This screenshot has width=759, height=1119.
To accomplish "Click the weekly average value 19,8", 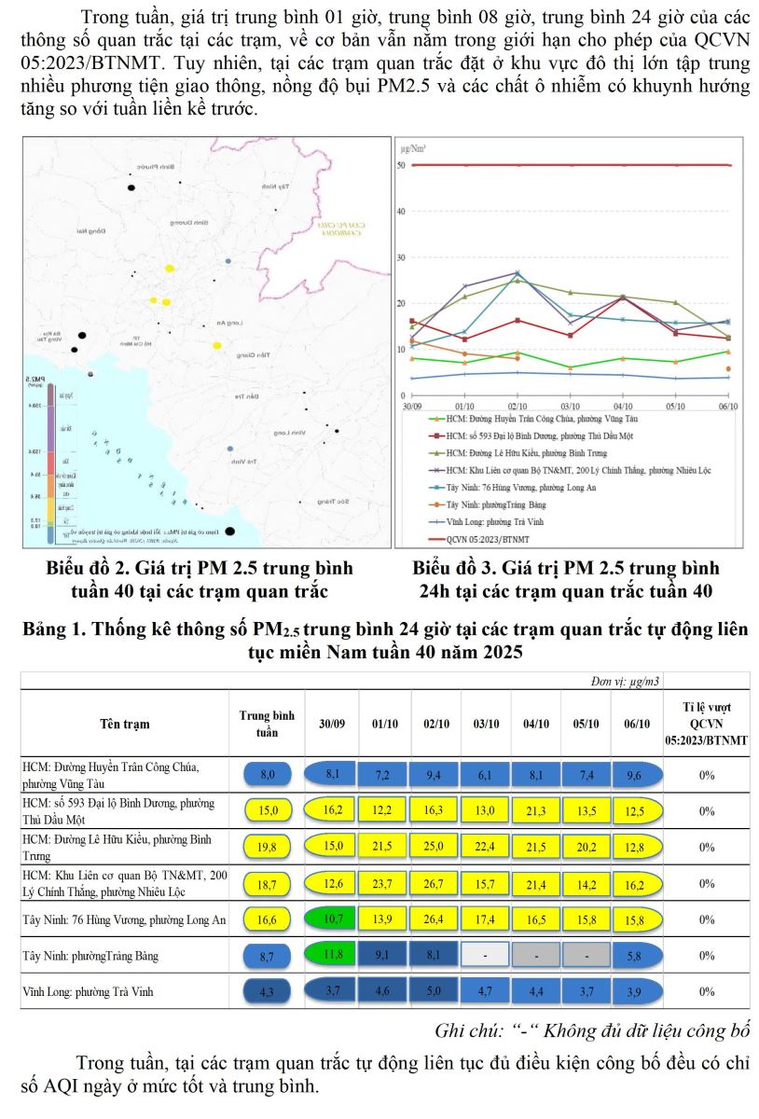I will point(268,847).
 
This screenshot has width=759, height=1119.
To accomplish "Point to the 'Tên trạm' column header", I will point(124,724).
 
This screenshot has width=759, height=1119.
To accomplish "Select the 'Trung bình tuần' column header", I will point(268,724).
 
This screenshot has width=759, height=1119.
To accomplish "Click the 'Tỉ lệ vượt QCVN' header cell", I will point(706,723).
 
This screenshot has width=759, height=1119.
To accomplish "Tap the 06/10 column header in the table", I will point(638,724).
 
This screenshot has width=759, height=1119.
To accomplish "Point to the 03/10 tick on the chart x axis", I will point(570,408).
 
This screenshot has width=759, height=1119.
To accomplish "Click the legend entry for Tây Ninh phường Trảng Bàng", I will point(493,504).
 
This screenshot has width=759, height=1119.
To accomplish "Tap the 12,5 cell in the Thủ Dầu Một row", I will point(638,810).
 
